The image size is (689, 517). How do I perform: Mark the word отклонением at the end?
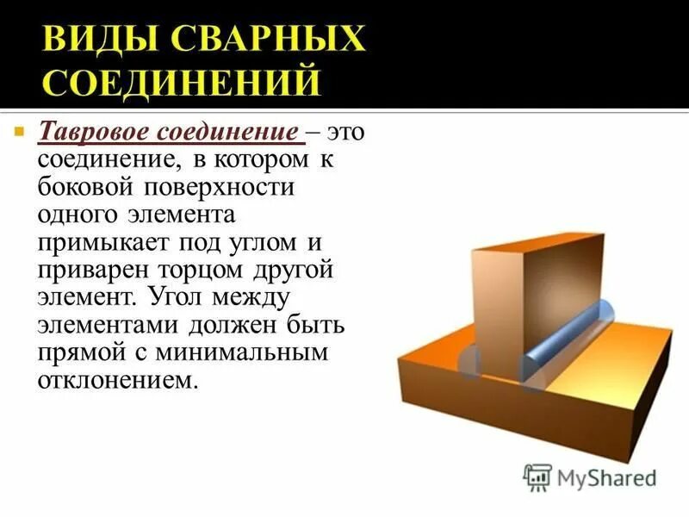tap(112, 380)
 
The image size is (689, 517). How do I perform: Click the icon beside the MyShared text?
tap(537, 477)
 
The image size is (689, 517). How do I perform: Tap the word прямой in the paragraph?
tap(77, 352)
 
